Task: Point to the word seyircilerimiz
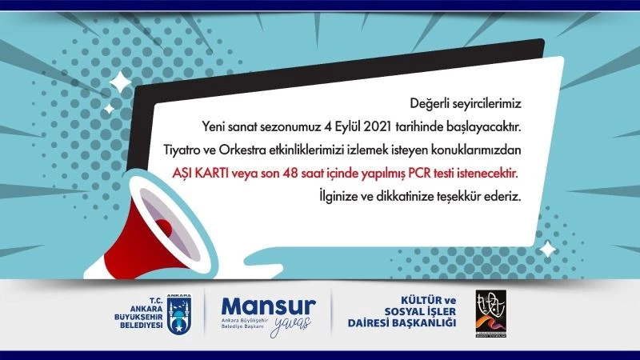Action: click(x=488, y=103)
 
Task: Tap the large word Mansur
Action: click(x=269, y=306)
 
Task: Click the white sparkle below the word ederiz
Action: click(x=547, y=250)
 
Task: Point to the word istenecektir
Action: click(x=486, y=173)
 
